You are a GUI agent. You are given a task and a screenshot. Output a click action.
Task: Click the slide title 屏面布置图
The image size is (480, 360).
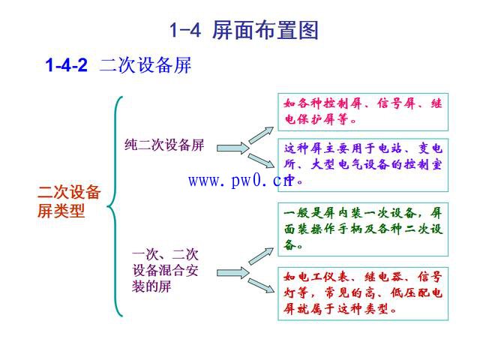(266, 31)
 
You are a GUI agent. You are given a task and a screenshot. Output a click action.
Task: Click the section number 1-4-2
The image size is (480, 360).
(67, 66)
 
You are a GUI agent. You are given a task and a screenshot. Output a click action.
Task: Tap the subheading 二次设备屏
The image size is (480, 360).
(145, 66)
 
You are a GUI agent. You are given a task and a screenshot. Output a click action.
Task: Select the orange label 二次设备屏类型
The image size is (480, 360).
(69, 201)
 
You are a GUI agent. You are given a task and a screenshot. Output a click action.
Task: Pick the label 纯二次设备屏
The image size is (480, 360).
(164, 145)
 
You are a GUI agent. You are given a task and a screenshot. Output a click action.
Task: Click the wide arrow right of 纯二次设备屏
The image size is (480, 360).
(232, 148)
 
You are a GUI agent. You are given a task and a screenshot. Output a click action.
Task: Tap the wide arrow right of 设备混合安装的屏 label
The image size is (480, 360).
(232, 271)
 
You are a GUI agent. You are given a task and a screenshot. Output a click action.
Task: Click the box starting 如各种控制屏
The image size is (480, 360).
(364, 110)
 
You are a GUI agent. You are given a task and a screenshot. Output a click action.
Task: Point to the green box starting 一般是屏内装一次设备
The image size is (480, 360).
(364, 228)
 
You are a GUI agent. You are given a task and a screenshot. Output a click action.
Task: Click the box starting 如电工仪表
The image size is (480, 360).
(364, 292)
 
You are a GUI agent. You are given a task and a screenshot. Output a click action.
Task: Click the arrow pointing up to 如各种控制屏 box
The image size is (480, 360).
(261, 134)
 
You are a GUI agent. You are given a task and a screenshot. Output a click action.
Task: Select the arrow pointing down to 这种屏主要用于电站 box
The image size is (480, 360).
(261, 160)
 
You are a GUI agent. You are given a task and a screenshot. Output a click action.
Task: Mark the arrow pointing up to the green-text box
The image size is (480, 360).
(261, 256)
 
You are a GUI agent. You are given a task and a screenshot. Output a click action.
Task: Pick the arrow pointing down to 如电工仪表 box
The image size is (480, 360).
(261, 284)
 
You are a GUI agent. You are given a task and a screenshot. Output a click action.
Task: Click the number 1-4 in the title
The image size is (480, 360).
(183, 31)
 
